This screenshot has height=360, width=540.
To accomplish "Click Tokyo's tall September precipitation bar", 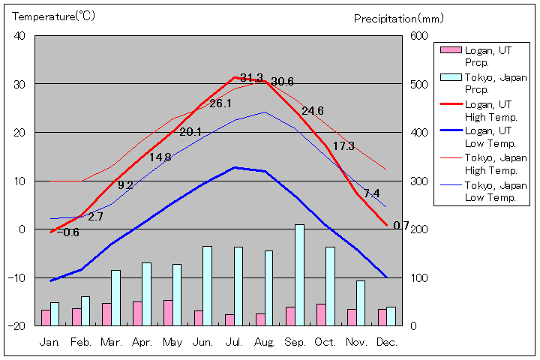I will click(x=299, y=274).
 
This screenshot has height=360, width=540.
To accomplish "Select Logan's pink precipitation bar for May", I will click(x=168, y=313).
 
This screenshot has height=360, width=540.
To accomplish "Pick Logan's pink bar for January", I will click(x=46, y=317).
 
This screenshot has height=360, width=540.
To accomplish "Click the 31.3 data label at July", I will click(x=251, y=78).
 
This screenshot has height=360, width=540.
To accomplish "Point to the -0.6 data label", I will click(x=67, y=232).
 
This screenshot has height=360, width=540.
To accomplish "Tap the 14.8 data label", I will click(x=160, y=157).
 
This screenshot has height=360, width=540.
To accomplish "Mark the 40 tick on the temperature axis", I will click(x=19, y=36).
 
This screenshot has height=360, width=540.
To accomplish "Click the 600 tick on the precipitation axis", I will click(x=418, y=36).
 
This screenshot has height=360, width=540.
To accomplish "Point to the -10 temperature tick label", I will click(x=16, y=277).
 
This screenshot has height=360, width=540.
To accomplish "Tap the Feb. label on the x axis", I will click(x=81, y=342).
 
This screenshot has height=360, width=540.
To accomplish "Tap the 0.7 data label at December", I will click(x=401, y=226).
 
